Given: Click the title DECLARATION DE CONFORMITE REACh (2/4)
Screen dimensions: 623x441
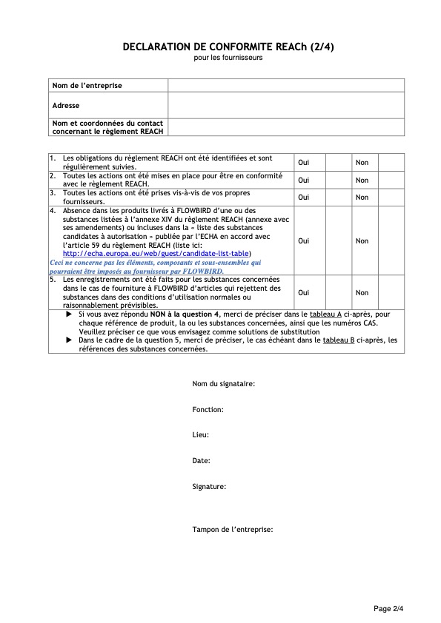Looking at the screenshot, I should (228, 47).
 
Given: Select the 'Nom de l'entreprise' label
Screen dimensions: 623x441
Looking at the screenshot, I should (87, 86).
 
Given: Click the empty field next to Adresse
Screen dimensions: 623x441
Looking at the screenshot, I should (285, 105).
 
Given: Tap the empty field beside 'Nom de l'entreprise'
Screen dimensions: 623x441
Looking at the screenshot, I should (285, 86).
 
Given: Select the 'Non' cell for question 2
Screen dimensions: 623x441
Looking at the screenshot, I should (362, 181).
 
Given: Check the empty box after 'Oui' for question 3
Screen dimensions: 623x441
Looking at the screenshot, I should (337, 198).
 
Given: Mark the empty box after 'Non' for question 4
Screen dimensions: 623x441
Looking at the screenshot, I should (391, 240).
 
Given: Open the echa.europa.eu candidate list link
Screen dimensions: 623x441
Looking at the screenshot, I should (156, 253).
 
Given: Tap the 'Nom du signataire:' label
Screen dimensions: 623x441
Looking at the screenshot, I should (224, 384).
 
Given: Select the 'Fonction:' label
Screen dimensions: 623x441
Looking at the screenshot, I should (208, 409).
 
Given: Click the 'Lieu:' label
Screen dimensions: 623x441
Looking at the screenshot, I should (200, 435).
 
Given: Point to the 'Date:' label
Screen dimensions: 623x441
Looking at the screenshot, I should (201, 460).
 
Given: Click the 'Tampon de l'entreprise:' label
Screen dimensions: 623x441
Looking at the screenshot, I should (233, 530).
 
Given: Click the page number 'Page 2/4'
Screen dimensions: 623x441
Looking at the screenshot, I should (388, 608).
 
